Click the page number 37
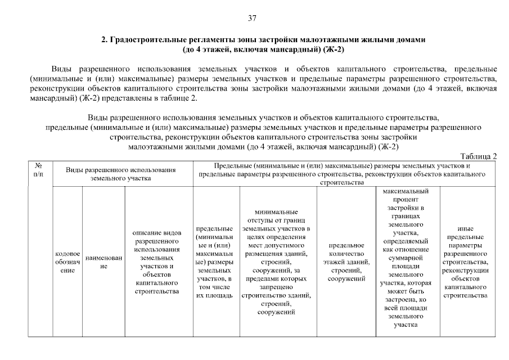click(253, 18)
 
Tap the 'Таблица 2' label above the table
click(479, 156)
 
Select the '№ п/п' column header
click(39, 170)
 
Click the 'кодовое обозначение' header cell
click(67, 262)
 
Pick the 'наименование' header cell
click(103, 262)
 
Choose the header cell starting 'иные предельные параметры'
click(465, 262)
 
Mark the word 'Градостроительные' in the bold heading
click(142, 40)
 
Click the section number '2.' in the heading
click(104, 40)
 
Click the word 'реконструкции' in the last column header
click(465, 271)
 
